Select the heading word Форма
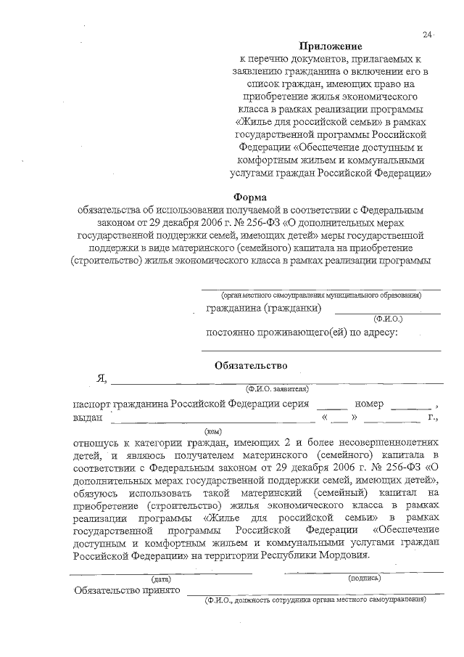pos(251,197)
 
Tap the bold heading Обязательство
pos(251,365)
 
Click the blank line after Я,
pos(275,380)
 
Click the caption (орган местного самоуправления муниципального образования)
pos(321,295)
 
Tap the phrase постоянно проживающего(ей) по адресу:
pos(302,332)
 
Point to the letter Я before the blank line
pos(101,379)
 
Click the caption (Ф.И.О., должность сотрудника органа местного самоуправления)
pos(315,600)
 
